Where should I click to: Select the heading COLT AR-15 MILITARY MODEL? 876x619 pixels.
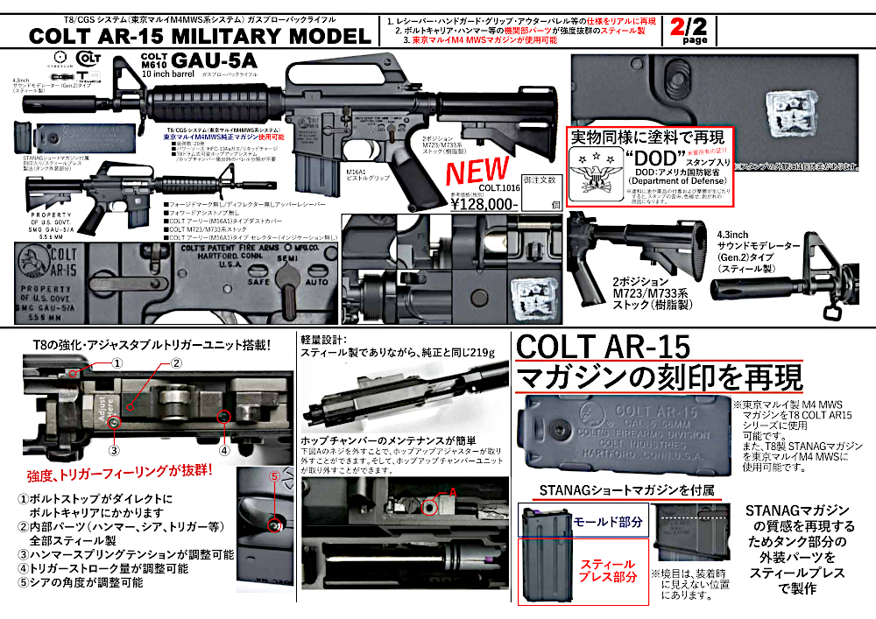click(x=200, y=36)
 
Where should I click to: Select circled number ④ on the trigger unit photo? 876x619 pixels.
click(x=224, y=452)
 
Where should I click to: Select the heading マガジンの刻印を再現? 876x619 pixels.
click(x=659, y=379)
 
